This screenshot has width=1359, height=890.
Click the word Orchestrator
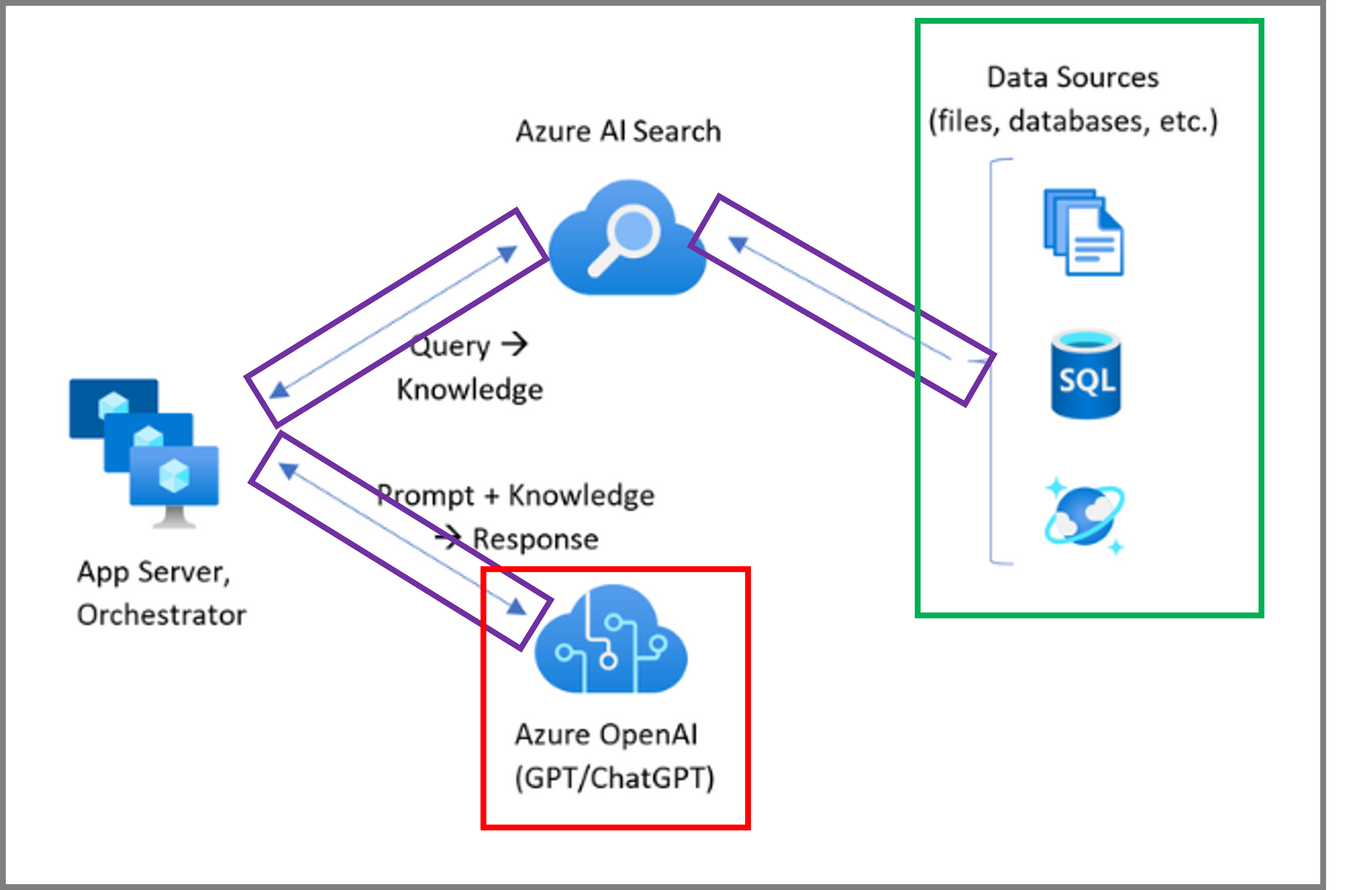(x=162, y=615)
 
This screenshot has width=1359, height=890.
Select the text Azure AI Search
(x=618, y=131)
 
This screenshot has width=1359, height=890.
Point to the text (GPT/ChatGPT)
(x=614, y=777)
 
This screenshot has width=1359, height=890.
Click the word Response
(x=536, y=539)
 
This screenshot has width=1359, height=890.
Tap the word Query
(x=450, y=346)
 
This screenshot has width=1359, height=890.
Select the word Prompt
(x=426, y=495)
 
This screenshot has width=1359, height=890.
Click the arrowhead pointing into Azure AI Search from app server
(x=508, y=253)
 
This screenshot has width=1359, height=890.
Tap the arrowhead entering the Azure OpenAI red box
(x=517, y=607)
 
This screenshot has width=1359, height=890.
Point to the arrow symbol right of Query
(x=515, y=344)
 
